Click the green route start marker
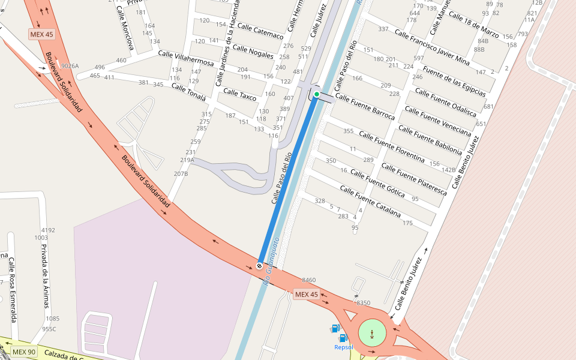pyautogui.click(x=317, y=94)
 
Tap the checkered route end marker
pyautogui.click(x=259, y=265)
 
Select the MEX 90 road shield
pyautogui.click(x=25, y=352)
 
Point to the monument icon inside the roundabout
pyautogui.click(x=373, y=333)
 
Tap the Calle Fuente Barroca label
pyautogui.click(x=365, y=106)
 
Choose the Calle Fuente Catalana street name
pyautogui.click(x=370, y=202)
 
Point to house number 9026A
pyautogui.click(x=70, y=66)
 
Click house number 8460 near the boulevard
pyautogui.click(x=309, y=280)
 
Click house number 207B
pyautogui.click(x=181, y=173)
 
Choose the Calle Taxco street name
pyautogui.click(x=239, y=95)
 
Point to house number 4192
pyautogui.click(x=48, y=230)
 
